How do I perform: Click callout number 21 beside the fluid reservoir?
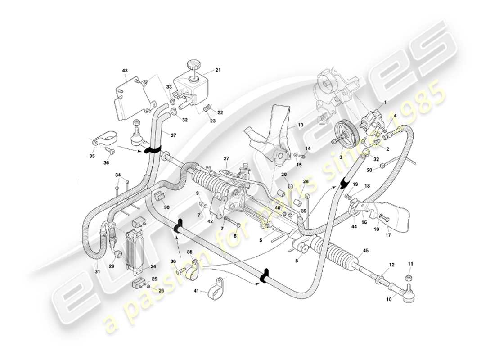pos(218,70)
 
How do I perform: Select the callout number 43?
pos(125,71)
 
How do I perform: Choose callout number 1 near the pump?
pos(385,103)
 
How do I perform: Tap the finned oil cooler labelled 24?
pos(136,249)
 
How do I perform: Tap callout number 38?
pos(189,252)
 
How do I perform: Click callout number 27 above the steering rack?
pos(226,158)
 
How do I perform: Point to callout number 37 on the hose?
pos(174,135)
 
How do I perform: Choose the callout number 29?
pos(112,266)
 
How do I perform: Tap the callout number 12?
pos(391,265)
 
